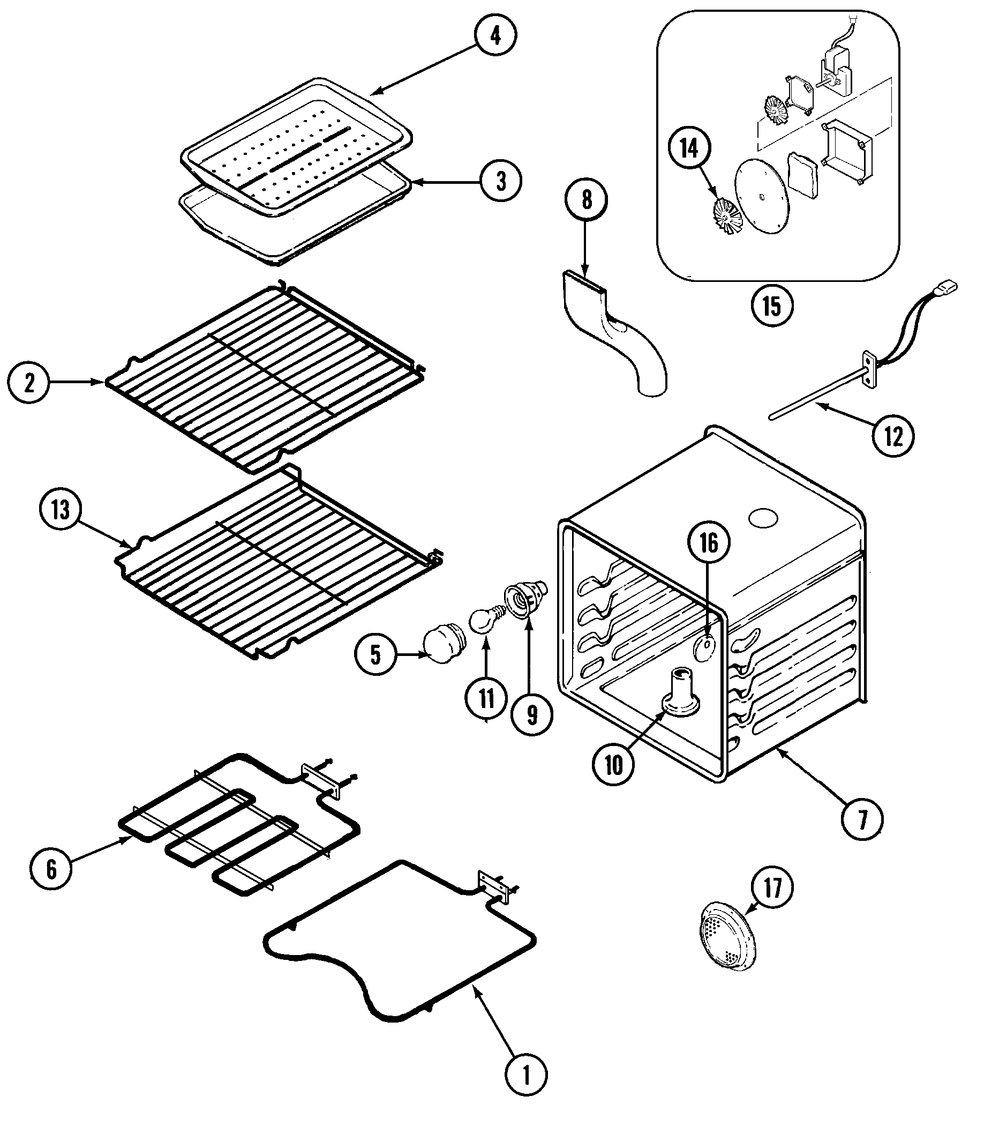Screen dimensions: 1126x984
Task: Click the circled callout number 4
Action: tap(495, 36)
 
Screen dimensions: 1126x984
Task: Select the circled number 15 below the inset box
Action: tap(772, 306)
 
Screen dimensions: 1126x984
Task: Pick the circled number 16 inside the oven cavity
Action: tap(709, 543)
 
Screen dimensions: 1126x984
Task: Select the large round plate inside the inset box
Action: tap(762, 198)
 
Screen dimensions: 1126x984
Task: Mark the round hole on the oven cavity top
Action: tap(763, 518)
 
